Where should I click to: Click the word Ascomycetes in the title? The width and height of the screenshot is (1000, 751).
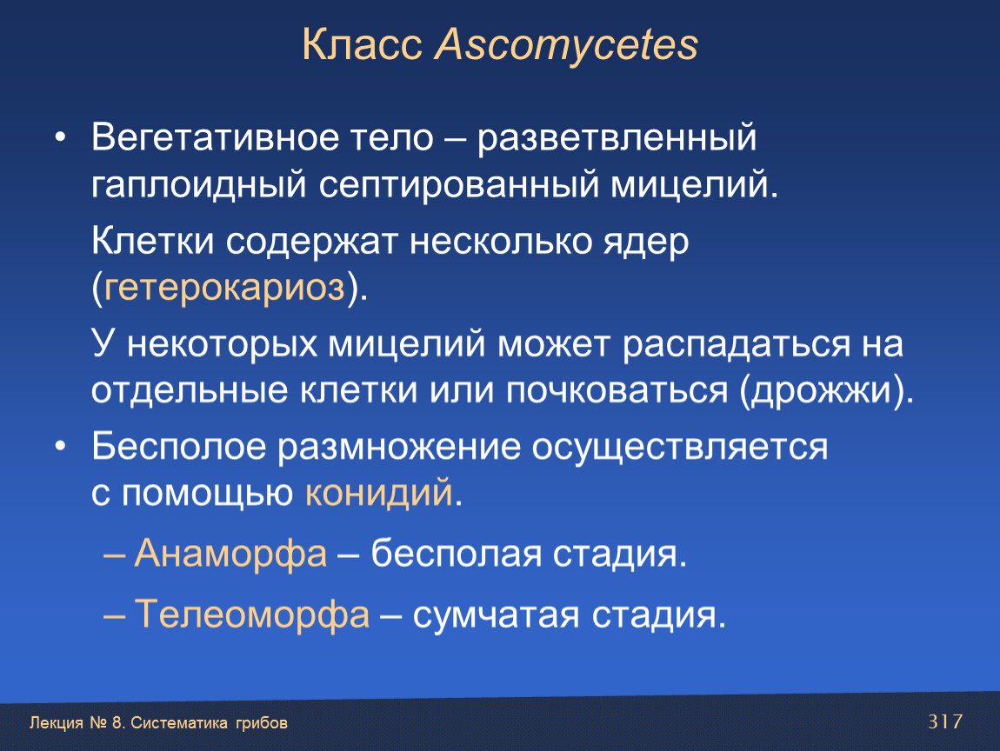click(566, 46)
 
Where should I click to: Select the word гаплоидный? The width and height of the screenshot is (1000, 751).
click(198, 186)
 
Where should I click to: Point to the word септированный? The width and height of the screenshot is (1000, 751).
click(459, 186)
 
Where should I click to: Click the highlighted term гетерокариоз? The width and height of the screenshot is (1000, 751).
click(224, 289)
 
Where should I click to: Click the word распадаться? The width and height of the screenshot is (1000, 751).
click(737, 345)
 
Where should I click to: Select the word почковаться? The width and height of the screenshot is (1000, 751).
click(617, 391)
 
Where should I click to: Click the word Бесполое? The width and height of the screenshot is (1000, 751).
click(178, 446)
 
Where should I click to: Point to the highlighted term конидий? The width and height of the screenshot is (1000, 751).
click(379, 493)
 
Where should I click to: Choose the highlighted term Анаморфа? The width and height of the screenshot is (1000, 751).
click(230, 553)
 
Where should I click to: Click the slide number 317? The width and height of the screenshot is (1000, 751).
click(945, 721)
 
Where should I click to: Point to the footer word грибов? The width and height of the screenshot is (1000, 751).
click(262, 723)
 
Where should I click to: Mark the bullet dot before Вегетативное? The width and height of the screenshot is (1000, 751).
click(60, 137)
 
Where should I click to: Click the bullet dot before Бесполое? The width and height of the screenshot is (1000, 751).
click(60, 446)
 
